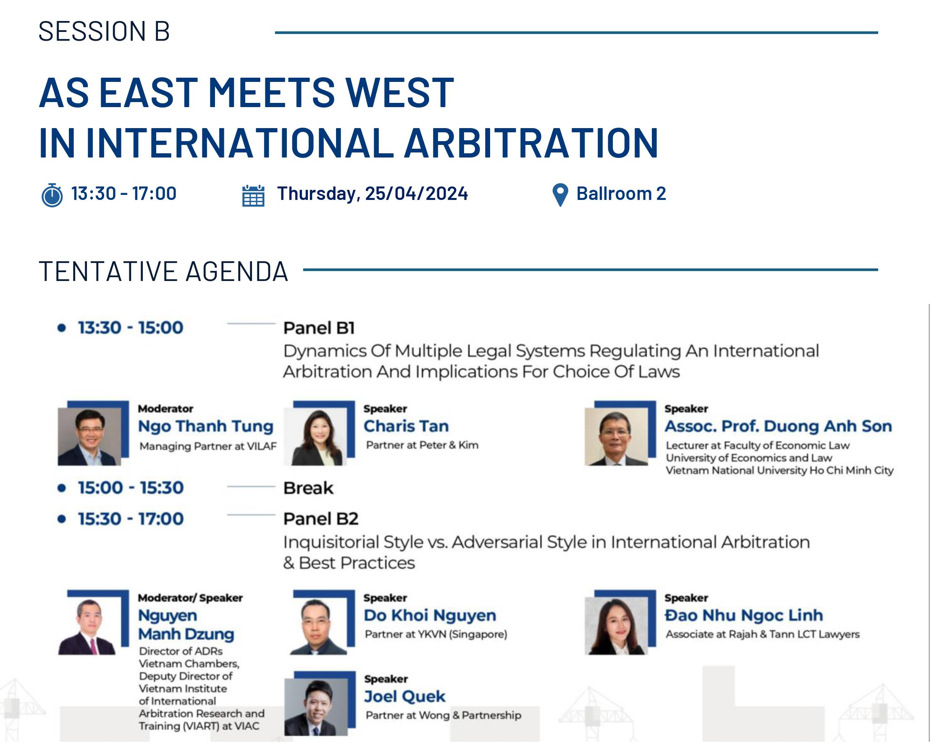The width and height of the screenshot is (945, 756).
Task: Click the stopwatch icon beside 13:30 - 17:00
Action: point(52,195)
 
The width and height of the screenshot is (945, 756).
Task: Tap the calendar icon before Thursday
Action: point(253,195)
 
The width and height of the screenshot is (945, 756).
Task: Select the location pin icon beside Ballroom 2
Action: point(560,195)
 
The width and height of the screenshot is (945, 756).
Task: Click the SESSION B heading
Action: point(104,31)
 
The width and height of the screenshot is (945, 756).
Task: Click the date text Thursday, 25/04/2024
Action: point(373,193)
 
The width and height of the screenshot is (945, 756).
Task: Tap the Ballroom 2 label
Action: point(621,193)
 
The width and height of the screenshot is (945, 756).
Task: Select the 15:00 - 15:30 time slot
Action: point(131,488)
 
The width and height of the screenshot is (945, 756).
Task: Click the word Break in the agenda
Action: point(308,488)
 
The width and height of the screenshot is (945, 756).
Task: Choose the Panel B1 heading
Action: point(319,328)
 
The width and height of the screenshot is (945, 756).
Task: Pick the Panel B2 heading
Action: point(320,519)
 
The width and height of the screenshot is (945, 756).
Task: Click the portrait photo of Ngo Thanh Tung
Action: point(89,436)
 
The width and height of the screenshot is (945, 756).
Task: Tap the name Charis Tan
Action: point(406,426)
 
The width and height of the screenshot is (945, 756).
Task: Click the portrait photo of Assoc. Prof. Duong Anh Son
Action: point(616,436)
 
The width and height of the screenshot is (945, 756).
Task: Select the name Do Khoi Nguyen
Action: point(430,615)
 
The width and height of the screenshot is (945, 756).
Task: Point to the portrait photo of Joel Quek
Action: point(315,707)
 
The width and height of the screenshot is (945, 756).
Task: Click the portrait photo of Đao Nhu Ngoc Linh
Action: point(616,626)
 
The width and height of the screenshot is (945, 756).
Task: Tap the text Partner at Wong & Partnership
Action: point(443,715)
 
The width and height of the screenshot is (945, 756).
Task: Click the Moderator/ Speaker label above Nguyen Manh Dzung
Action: point(190,598)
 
